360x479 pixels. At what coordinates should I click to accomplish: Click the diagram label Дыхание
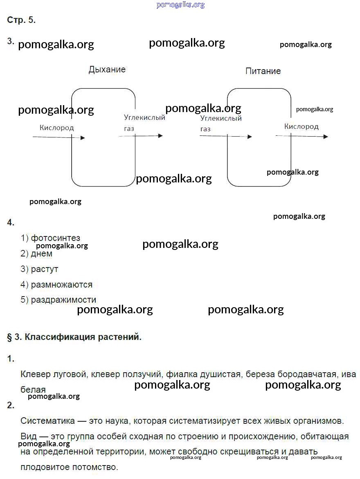point(107,70)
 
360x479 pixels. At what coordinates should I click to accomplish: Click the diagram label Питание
point(263,71)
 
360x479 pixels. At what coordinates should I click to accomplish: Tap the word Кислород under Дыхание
point(57,128)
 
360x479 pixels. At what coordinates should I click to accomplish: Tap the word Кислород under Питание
point(301,126)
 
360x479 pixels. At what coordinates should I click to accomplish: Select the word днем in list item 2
point(42,254)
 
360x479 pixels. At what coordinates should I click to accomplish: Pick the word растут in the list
point(45,269)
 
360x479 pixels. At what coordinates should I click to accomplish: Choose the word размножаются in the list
point(62,284)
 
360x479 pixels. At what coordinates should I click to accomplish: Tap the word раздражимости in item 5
point(64,299)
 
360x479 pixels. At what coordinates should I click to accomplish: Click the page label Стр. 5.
point(21,20)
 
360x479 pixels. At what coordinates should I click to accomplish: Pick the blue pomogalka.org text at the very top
point(180,5)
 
